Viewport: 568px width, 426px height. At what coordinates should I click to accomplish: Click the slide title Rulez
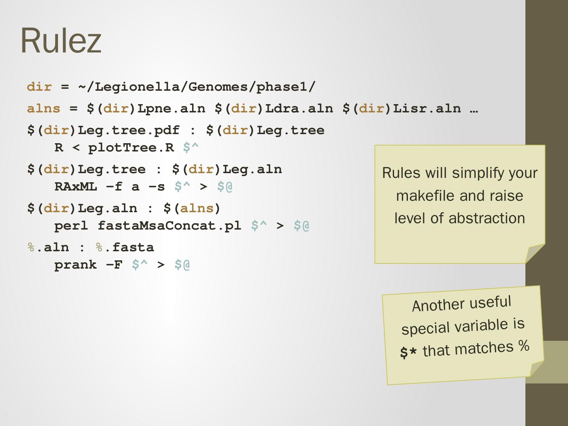click(x=61, y=40)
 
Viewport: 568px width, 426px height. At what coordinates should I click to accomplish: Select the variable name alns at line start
click(x=43, y=108)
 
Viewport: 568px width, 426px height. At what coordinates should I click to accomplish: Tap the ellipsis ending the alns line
click(x=474, y=108)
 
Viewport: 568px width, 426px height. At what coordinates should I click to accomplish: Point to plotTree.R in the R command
click(x=131, y=148)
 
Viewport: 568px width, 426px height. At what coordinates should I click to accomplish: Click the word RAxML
click(x=75, y=187)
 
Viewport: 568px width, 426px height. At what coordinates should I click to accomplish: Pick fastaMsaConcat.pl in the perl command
click(x=169, y=226)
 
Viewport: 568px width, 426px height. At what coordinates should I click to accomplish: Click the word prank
click(x=75, y=265)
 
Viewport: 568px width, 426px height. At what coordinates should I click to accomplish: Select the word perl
click(x=71, y=226)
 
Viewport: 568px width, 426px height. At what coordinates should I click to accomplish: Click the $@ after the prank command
click(x=182, y=265)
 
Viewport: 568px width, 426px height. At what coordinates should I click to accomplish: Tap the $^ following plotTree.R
click(x=191, y=148)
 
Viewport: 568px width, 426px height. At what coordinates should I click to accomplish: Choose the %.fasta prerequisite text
click(x=125, y=247)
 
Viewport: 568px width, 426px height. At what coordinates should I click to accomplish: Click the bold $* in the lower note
click(x=408, y=352)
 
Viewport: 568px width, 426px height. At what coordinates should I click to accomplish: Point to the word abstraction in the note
click(x=487, y=218)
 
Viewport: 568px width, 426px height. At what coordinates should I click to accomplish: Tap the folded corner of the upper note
click(x=536, y=253)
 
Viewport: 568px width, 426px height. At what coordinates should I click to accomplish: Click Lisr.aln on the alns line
click(x=427, y=108)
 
